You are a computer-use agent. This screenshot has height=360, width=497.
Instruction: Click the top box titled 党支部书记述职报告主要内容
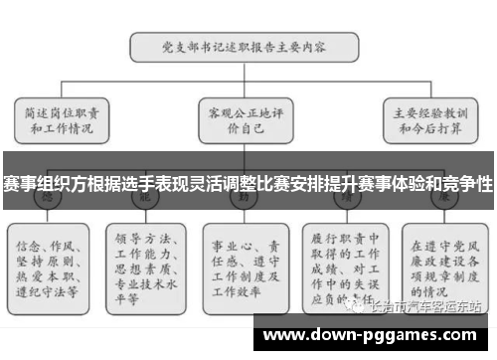point(246,46)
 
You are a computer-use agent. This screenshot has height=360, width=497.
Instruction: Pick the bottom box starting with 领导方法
point(146,260)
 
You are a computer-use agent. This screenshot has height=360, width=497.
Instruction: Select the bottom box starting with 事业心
point(246,260)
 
